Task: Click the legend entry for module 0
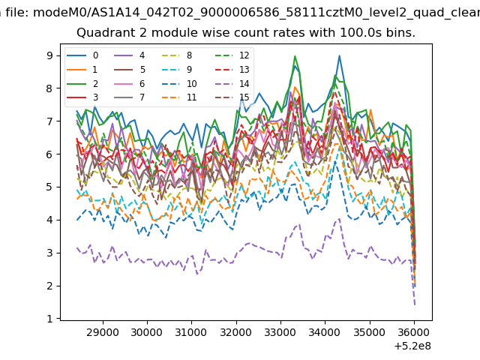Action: click(x=82, y=55)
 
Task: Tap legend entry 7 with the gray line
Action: click(x=130, y=97)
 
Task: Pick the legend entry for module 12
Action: click(x=232, y=55)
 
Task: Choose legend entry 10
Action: click(x=179, y=83)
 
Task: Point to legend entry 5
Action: click(x=130, y=70)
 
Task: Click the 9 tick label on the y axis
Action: click(x=49, y=55)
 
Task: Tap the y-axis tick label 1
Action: click(x=49, y=319)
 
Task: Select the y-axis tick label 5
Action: click(x=49, y=187)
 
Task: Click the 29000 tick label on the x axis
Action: click(x=103, y=332)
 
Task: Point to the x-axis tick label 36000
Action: click(x=414, y=332)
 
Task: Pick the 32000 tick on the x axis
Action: click(x=236, y=332)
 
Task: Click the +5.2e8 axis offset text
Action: click(x=412, y=346)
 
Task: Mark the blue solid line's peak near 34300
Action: click(x=339, y=55)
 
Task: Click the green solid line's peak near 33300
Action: click(x=295, y=56)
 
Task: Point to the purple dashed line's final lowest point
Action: click(x=415, y=306)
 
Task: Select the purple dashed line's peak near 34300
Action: click(x=339, y=219)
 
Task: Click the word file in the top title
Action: click(x=17, y=12)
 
